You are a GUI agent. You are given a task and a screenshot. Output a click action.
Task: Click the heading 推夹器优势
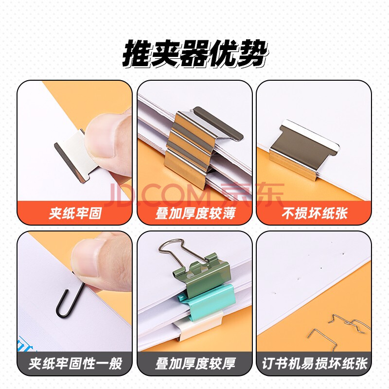pyautogui.click(x=195, y=53)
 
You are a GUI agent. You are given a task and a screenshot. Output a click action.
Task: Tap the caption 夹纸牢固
pyautogui.click(x=75, y=213)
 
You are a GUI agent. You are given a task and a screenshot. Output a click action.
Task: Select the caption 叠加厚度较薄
pyautogui.click(x=195, y=213)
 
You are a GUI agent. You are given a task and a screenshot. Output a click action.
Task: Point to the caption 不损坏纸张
pyautogui.click(x=314, y=213)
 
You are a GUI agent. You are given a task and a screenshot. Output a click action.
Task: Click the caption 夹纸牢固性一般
pyautogui.click(x=75, y=364)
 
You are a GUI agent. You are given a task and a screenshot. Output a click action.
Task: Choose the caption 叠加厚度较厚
pyautogui.click(x=195, y=364)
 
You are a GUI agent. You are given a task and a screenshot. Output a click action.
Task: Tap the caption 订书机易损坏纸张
pyautogui.click(x=315, y=364)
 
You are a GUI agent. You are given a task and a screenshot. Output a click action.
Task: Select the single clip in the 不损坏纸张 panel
pyautogui.click(x=304, y=149)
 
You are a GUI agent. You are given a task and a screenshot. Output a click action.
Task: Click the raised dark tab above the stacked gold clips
pyautogui.click(x=218, y=124)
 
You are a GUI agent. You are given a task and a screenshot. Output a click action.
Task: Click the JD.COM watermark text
pyautogui.click(x=159, y=195)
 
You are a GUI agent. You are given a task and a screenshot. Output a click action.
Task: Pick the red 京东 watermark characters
pyautogui.click(x=252, y=194)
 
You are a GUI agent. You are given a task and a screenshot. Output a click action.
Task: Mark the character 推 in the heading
pyautogui.click(x=137, y=53)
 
